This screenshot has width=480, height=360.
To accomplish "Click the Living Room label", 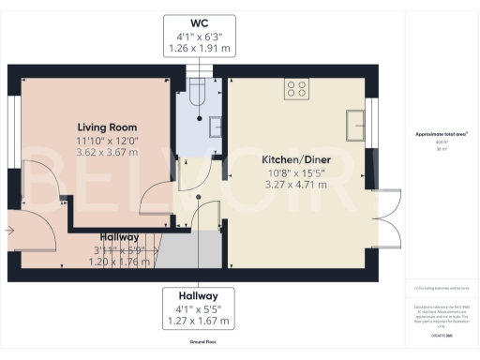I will click(107, 127).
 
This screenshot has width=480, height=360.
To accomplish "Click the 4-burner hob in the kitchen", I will click(297, 89).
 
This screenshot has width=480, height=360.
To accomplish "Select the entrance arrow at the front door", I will click(9, 228).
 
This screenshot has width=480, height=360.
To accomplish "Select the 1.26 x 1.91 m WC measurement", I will click(199, 46).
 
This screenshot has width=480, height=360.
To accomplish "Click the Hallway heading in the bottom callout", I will click(199, 294).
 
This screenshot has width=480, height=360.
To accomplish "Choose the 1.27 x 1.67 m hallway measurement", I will click(199, 321).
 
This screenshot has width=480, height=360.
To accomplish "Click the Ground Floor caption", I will click(198, 343).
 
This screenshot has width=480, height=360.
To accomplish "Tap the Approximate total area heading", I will click(442, 135).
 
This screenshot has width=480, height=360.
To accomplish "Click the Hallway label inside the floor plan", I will click(115, 237).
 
